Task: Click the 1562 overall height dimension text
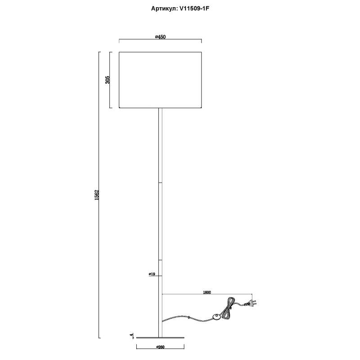pos(96,195)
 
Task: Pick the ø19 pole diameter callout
pos(152,274)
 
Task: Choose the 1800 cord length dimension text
pos(207,292)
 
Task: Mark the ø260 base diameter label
pos(161,346)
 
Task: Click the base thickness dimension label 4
pos(131,335)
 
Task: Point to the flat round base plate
pos(161,337)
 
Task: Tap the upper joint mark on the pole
pos(161,183)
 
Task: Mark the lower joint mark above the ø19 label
pos(161,260)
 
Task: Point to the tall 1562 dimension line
pos(99,270)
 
